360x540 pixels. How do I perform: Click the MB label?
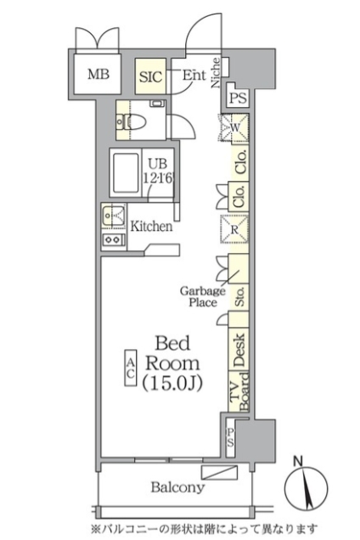98,74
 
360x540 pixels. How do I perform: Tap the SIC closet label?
150,76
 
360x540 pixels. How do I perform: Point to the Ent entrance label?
194,75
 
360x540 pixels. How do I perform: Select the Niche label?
216,73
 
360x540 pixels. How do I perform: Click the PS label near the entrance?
238,98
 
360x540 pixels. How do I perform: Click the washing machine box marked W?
234,127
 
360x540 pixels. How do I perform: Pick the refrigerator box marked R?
234,229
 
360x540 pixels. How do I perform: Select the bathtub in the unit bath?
126,173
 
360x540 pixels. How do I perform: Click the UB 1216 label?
157,172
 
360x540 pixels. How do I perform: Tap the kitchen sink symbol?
114,216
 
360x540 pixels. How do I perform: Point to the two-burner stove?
113,239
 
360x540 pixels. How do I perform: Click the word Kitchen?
151,226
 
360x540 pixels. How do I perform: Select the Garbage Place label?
203,296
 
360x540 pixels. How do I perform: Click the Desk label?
239,350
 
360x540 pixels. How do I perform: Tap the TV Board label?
239,392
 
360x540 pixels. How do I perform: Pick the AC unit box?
131,368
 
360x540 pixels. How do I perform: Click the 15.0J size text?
172,383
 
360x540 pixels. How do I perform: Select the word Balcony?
177,487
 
